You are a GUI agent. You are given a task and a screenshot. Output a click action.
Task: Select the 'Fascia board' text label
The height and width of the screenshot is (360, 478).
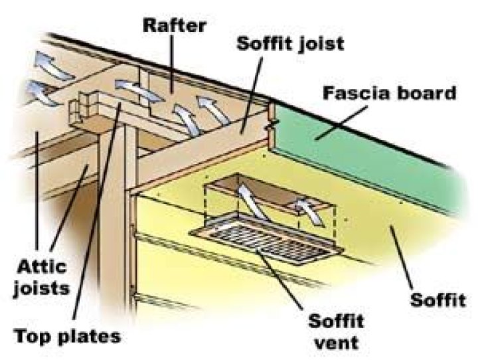390,93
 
